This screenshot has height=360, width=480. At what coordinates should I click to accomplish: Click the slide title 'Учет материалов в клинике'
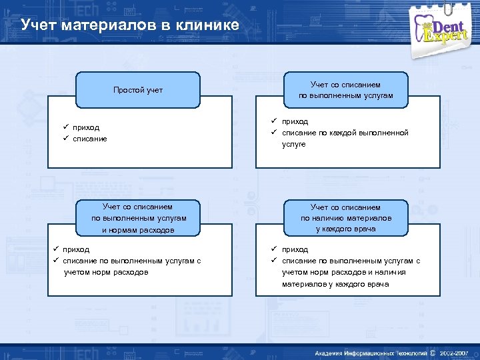pyautogui.click(x=129, y=26)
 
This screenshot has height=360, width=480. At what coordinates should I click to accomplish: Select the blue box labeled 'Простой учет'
pyautogui.click(x=137, y=90)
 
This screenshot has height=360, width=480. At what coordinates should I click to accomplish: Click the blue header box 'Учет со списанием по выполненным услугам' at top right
pyautogui.click(x=346, y=90)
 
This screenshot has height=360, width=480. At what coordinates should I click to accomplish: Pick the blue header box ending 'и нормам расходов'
pyautogui.click(x=139, y=218)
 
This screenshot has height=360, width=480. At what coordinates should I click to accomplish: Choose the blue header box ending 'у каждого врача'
pyautogui.click(x=346, y=218)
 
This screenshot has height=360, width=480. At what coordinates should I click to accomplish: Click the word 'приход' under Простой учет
pyautogui.click(x=86, y=127)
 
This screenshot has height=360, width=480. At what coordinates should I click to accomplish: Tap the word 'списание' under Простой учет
pyautogui.click(x=90, y=139)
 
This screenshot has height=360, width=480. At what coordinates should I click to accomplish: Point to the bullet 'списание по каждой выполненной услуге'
pyautogui.click(x=344, y=133)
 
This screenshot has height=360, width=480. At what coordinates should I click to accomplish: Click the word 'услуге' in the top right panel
pyautogui.click(x=293, y=144)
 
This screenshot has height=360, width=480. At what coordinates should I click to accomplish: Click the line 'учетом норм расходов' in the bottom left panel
pyautogui.click(x=105, y=272)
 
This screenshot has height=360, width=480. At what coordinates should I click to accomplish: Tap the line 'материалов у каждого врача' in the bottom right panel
pyautogui.click(x=335, y=284)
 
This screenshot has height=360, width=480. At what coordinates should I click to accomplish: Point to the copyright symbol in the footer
pyautogui.click(x=433, y=352)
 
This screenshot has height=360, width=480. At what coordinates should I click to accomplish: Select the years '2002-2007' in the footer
pyautogui.click(x=454, y=352)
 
